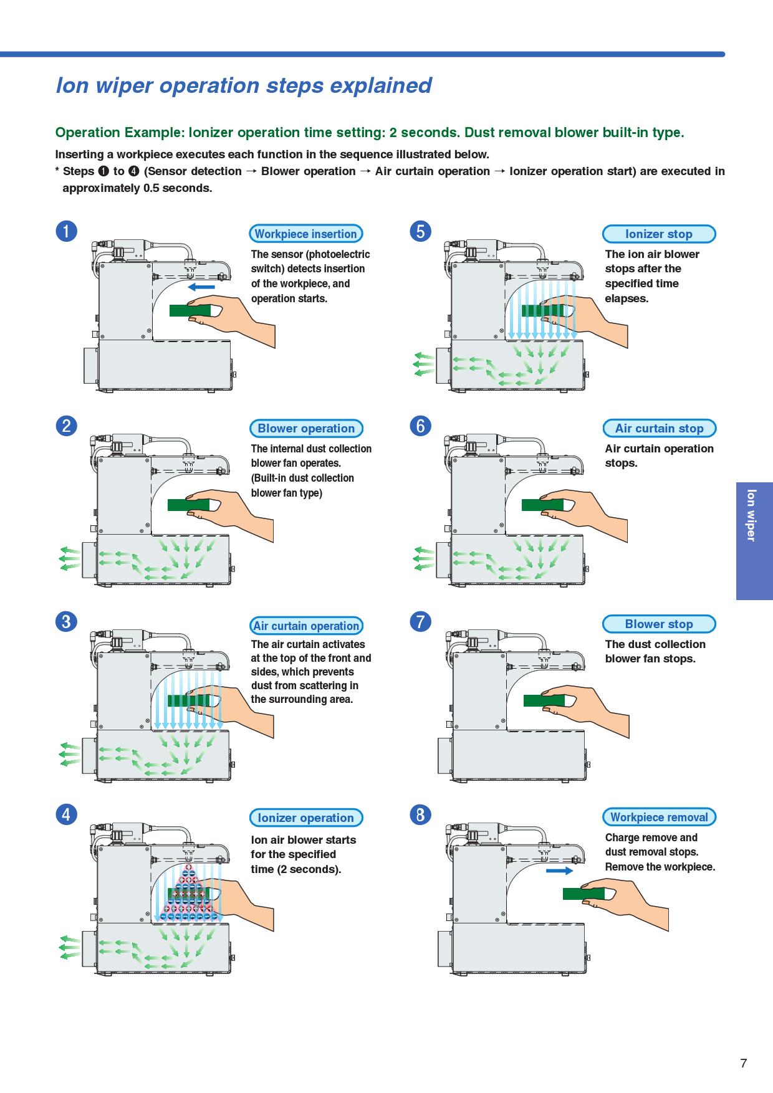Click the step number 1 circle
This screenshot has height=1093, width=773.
tap(66, 231)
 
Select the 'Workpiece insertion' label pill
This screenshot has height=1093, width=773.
tap(305, 234)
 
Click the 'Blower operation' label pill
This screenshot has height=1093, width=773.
tap(305, 429)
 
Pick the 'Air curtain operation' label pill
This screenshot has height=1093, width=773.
tap(306, 626)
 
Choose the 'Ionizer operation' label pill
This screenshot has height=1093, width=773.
tap(305, 818)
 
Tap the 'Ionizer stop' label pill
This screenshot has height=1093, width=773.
tap(659, 234)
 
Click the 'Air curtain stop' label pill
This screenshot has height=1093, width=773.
tap(659, 429)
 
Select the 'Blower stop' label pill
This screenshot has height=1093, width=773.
tap(659, 624)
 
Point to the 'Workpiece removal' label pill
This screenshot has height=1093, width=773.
tap(659, 818)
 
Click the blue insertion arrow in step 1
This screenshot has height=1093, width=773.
tap(201, 287)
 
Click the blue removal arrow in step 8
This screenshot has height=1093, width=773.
tap(559, 871)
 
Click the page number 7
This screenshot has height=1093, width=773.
tap(743, 1064)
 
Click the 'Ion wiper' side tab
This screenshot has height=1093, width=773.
tap(754, 515)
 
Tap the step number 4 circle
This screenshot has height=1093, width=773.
tap(66, 814)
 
